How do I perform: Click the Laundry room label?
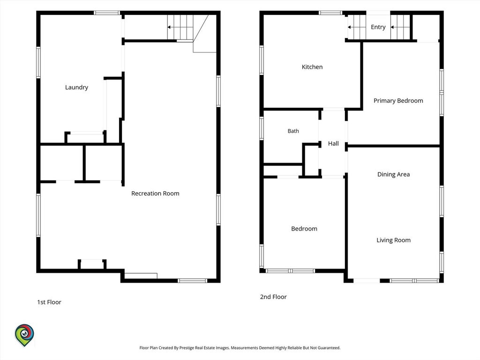pos(76,88)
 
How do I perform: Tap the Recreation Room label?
pos(155,194)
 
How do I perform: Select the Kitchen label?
pos(312,67)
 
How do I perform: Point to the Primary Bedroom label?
pos(398,101)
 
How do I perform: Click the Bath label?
pos(293,131)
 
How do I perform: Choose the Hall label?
pos(333,143)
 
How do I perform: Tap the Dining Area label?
pos(393,174)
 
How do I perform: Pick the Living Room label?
pos(393,240)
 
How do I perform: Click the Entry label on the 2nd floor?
pos(378,27)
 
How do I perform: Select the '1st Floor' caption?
pos(49,302)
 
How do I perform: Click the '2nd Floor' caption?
pos(273,297)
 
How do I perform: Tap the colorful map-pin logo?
pos(24,335)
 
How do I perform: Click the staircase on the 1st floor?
pos(180,27)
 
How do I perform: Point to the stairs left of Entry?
pos(357,27)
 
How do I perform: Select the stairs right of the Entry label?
pos(400,27)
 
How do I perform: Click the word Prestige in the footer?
pos(187,348)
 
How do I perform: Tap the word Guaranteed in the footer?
pos(329,348)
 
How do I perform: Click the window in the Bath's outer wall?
pos(262,128)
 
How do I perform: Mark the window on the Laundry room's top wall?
pos(106,13)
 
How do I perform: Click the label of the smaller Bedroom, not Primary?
pos(304,229)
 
